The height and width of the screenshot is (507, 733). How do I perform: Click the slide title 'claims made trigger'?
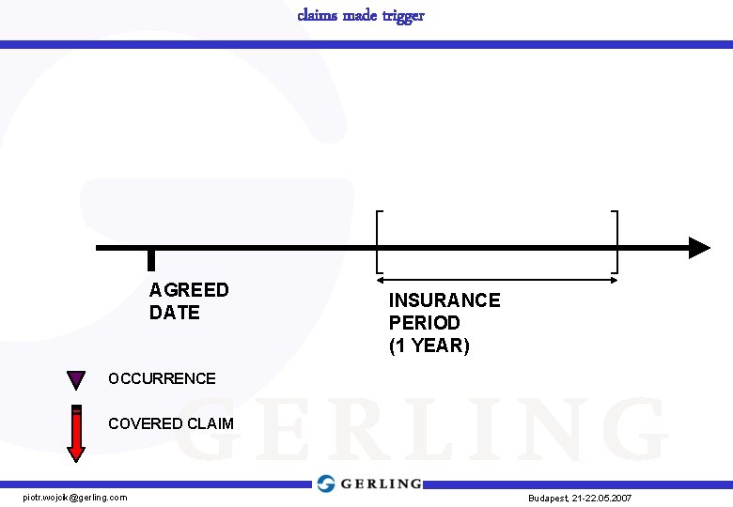(x=361, y=15)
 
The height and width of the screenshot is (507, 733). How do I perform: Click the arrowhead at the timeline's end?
(x=698, y=248)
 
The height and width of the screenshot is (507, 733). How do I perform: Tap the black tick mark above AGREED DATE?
(x=151, y=259)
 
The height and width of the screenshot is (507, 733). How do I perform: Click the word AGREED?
(x=189, y=290)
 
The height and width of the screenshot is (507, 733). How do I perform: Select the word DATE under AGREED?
(x=175, y=313)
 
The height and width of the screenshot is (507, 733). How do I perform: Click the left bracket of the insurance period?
(x=378, y=241)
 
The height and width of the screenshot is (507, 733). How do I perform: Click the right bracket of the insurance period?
(x=616, y=241)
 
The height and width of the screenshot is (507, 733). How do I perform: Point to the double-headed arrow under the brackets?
(x=496, y=279)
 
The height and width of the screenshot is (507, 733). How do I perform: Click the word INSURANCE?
(x=444, y=300)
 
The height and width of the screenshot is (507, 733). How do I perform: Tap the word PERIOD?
(x=425, y=323)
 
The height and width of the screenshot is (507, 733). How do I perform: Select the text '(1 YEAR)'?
(x=429, y=346)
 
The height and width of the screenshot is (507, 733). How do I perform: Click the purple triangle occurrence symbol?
(x=76, y=380)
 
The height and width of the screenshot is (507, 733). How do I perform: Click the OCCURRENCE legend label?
(x=162, y=379)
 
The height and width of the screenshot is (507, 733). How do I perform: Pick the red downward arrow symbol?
(x=76, y=433)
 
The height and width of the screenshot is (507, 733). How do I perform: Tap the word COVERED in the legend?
(x=145, y=423)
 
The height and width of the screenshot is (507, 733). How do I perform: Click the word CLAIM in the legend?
(x=210, y=423)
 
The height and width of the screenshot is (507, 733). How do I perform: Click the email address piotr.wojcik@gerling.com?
(x=75, y=497)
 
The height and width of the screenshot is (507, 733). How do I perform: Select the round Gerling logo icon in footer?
(x=326, y=484)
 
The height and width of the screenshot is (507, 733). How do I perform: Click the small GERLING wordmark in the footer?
(x=381, y=484)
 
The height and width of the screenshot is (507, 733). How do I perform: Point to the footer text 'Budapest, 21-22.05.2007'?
(x=580, y=498)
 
